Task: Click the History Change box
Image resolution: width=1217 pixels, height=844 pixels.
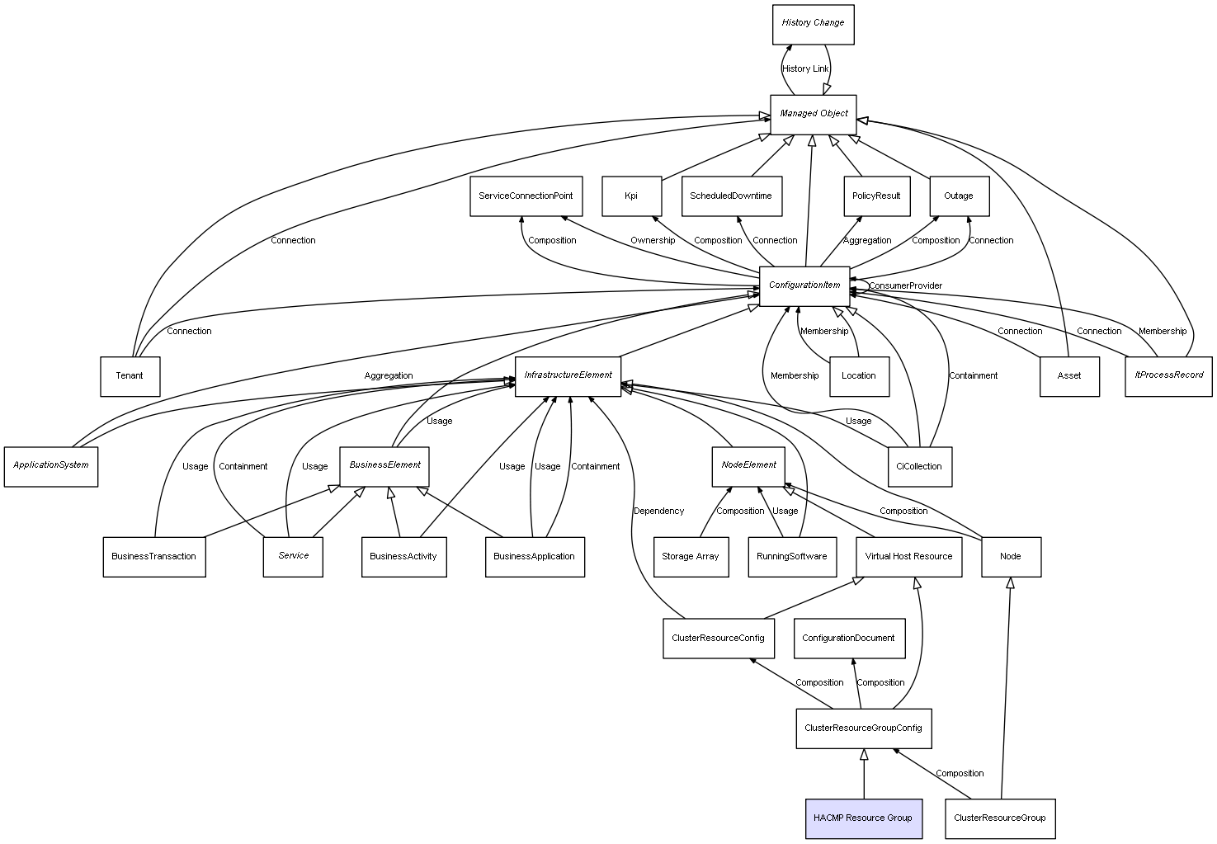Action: [814, 25]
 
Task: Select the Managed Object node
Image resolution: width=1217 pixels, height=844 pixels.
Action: [814, 115]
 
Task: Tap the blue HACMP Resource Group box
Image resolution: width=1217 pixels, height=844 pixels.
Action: [864, 818]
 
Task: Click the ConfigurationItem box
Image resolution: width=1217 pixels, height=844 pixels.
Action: [804, 286]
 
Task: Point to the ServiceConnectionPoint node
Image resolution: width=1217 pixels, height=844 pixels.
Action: [526, 196]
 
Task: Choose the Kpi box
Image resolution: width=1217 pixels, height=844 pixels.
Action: [632, 196]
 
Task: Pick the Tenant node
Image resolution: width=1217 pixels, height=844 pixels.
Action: [130, 376]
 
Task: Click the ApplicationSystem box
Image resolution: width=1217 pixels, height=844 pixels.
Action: [51, 466]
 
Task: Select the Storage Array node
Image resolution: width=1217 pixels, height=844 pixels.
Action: [691, 557]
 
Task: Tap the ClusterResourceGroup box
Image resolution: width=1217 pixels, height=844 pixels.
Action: [1000, 818]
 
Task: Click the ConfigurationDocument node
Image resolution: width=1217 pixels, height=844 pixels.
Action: [850, 639]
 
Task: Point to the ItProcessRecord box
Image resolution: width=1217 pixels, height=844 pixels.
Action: [1168, 376]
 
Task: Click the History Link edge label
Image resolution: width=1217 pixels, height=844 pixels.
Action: [805, 69]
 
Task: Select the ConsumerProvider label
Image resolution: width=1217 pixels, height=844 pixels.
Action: [905, 285]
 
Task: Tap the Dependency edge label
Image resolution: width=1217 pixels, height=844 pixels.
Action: [658, 511]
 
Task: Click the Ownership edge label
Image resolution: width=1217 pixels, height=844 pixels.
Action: [653, 241]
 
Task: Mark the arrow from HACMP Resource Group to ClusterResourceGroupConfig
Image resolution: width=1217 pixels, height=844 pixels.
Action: [864, 773]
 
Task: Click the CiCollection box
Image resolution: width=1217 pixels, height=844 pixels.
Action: [920, 466]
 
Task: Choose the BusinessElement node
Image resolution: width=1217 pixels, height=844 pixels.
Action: [384, 466]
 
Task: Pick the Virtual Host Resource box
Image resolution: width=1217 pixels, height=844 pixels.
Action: [909, 557]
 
